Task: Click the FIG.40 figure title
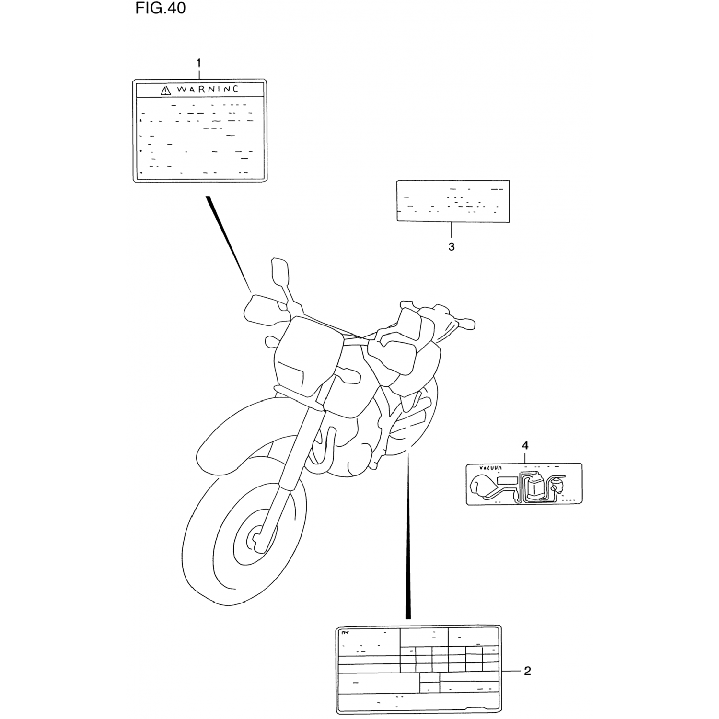(x=160, y=8)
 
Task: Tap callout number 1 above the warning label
(x=198, y=63)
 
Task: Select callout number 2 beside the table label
(x=527, y=671)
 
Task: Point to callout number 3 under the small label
(x=451, y=247)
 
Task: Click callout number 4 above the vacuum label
(x=525, y=446)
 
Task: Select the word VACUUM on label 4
(x=490, y=467)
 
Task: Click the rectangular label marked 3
(x=453, y=201)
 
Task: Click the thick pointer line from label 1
(x=228, y=240)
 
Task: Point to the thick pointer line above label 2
(x=408, y=537)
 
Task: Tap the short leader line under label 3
(x=451, y=231)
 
